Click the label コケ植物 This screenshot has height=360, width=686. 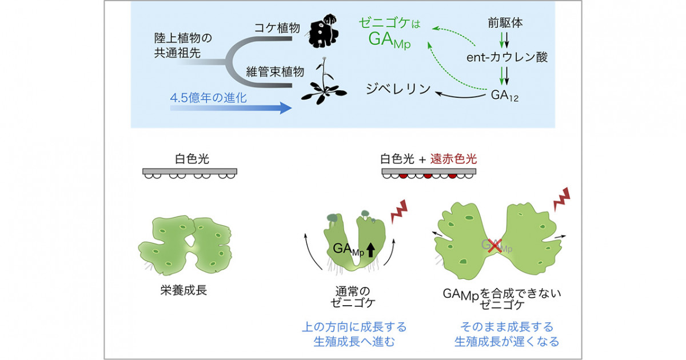coord(277,28)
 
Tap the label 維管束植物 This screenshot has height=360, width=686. coord(275,72)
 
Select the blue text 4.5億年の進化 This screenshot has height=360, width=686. coord(208,98)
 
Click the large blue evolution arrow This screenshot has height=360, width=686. coord(230,108)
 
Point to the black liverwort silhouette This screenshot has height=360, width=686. coord(323,31)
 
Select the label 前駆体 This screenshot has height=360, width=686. coord(505,23)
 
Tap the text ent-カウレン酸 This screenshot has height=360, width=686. coord(507,57)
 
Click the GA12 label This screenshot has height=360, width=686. coord(504,95)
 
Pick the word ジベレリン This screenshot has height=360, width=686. coord(398,89)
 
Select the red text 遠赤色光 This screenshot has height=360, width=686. coord(453,159)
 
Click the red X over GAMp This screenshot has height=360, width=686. coord(495,246)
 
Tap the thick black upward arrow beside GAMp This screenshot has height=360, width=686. coord(371,250)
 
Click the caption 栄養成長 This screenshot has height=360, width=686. coord(184,290)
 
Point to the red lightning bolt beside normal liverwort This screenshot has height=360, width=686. coord(399,211)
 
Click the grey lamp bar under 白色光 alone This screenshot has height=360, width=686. coord(190,171)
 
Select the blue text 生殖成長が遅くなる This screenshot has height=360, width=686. coord(507,342)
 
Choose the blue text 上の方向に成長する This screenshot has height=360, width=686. coord(354,327)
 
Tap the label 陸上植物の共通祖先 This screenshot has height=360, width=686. coord(183,46)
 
